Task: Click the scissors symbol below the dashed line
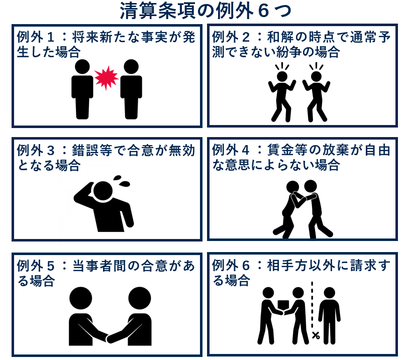pos(316,334)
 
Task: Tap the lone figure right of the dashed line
pos(330,314)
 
